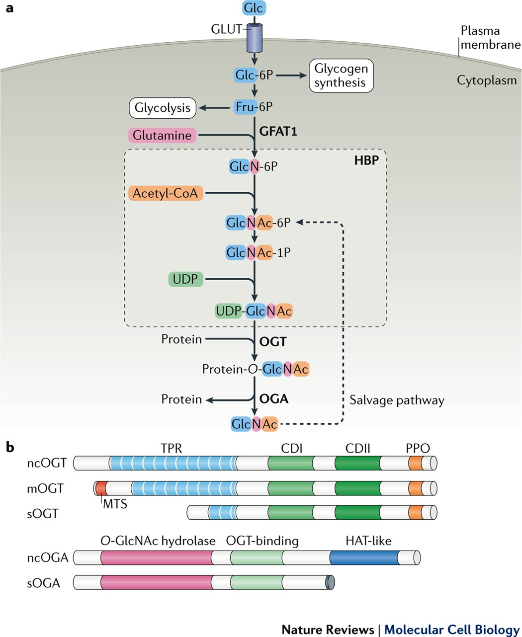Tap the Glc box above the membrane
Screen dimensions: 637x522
pos(254,8)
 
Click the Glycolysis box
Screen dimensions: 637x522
pos(163,107)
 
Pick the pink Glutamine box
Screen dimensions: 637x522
pos(162,135)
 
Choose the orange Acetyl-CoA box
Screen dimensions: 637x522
pos(166,193)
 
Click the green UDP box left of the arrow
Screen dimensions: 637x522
pos(185,279)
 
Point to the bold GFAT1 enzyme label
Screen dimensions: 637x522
pos(278,131)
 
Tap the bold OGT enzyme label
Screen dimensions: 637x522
pos(273,342)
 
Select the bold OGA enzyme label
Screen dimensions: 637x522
pos(274,398)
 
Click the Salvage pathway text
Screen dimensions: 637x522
pos(397,400)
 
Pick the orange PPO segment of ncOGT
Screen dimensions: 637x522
pos(415,463)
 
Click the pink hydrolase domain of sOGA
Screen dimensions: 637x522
pos(156,582)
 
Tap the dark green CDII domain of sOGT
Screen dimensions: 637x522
pos(357,512)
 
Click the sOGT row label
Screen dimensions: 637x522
pos(43,513)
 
